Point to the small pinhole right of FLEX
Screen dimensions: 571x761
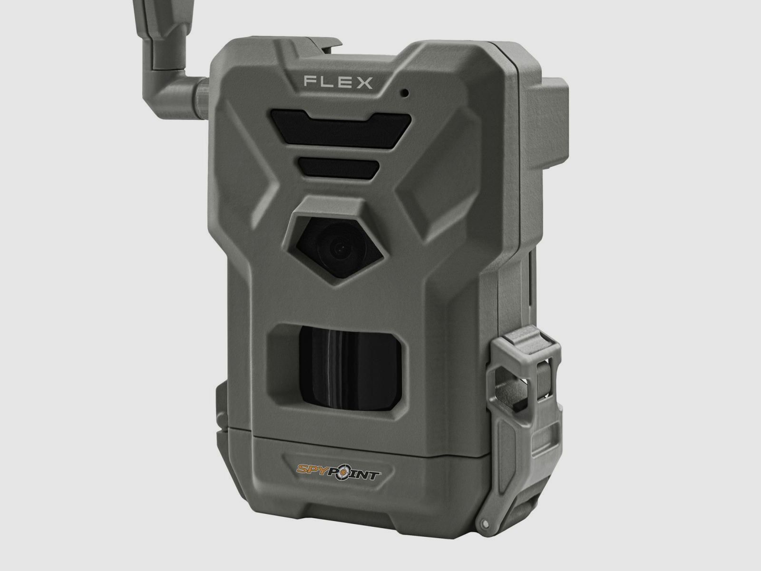click(405, 93)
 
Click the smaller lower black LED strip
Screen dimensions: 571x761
click(339, 167)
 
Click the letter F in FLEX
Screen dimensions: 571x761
click(309, 83)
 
